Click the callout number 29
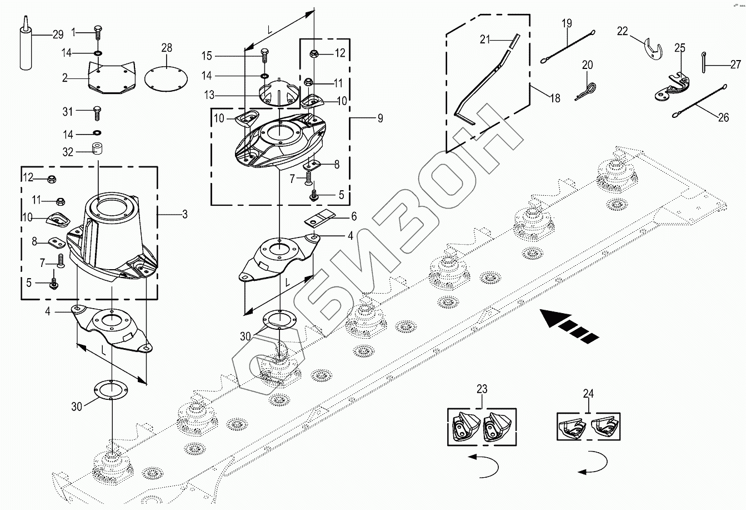(x=58, y=35)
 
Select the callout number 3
(x=184, y=214)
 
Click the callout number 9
(x=379, y=118)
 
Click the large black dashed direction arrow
(x=569, y=325)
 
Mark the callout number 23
(x=482, y=389)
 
